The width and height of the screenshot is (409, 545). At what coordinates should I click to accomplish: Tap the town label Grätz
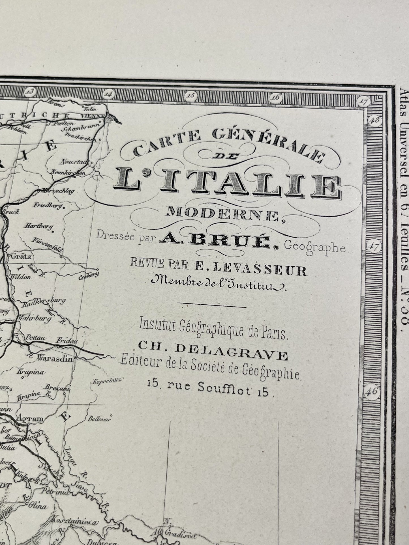tap(19, 257)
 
